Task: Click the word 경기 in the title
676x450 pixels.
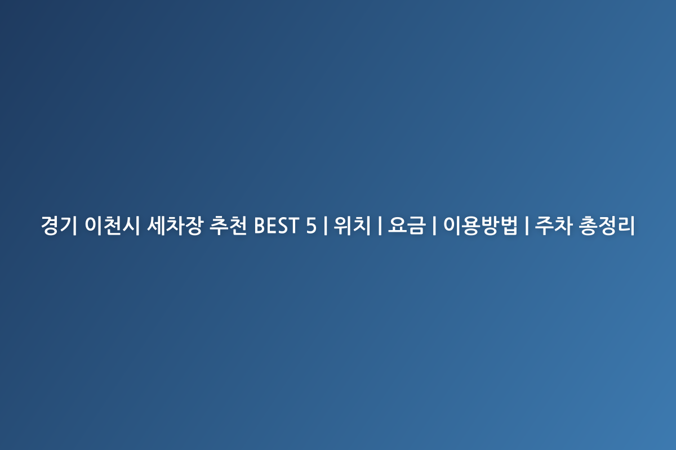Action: click(x=59, y=226)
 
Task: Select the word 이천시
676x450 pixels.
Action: click(x=112, y=226)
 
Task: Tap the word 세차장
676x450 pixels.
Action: click(x=175, y=226)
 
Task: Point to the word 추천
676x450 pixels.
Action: click(x=228, y=226)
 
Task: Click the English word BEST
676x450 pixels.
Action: click(x=277, y=226)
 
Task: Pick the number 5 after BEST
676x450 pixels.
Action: click(x=311, y=226)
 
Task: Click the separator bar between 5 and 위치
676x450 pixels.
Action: click(x=326, y=226)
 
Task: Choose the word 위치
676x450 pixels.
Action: click(x=352, y=226)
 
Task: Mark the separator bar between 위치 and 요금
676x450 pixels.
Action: click(x=380, y=226)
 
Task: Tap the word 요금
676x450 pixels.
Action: click(x=407, y=226)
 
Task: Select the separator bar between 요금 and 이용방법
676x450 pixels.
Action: click(x=434, y=226)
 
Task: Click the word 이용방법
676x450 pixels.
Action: click(x=480, y=226)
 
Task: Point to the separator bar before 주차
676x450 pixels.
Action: click(x=527, y=226)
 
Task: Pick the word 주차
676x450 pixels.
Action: click(x=553, y=226)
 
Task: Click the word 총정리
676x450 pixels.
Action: click(x=607, y=226)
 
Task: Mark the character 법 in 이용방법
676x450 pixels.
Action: click(x=509, y=226)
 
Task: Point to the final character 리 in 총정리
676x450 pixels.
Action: click(x=626, y=226)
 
